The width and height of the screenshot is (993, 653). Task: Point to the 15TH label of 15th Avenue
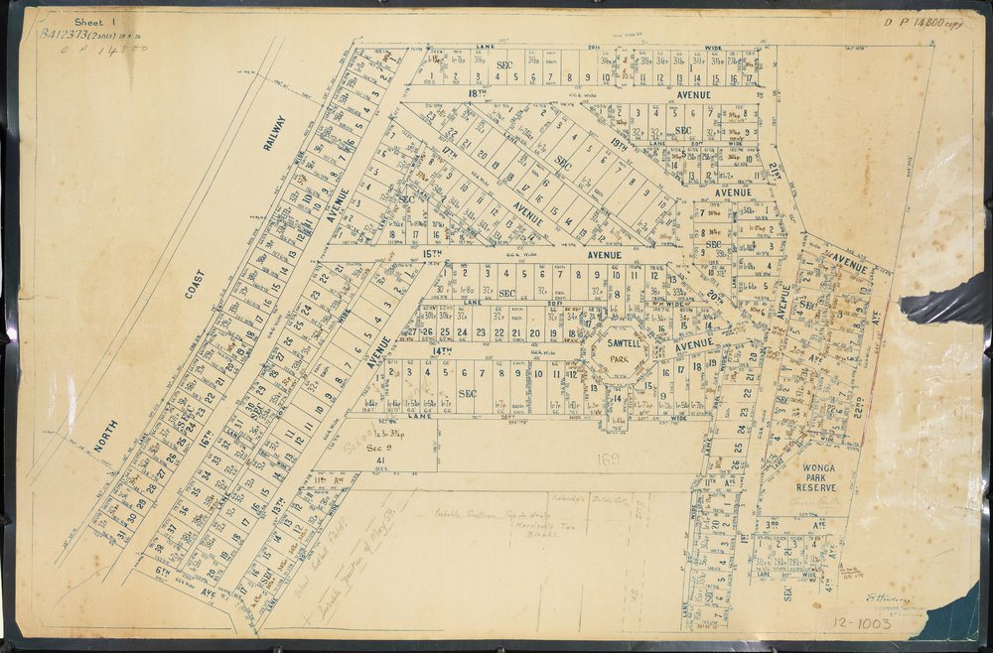[x=430, y=255]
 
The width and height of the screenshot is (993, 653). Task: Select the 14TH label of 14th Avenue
[x=441, y=350]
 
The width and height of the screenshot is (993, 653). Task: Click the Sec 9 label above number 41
[x=378, y=448]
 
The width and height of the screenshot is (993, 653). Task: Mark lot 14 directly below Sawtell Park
[x=616, y=398]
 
